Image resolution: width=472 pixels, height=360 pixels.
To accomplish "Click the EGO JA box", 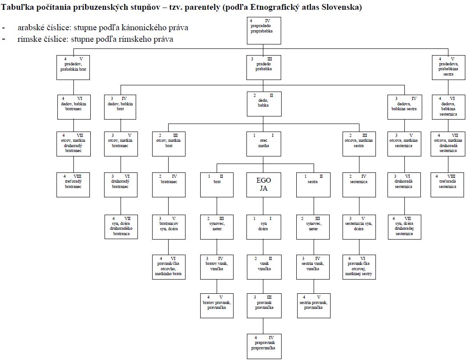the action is pyautogui.click(x=264, y=184).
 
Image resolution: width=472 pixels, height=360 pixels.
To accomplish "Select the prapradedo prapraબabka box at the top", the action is pyautogui.click(x=264, y=31).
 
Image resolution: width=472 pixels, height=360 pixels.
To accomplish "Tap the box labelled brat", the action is pyautogui.click(x=217, y=184).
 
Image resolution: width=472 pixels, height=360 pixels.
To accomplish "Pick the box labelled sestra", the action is pyautogui.click(x=313, y=184).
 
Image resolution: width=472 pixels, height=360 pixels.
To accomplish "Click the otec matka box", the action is pyautogui.click(x=264, y=144).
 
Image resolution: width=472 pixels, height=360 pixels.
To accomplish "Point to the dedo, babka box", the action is pyautogui.click(x=264, y=104).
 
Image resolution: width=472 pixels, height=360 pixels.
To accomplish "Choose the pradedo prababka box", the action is pyautogui.click(x=264, y=68).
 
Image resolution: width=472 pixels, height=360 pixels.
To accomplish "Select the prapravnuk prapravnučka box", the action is pyautogui.click(x=264, y=347).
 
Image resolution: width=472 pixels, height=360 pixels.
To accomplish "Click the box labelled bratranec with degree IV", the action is pyautogui.click(x=169, y=184).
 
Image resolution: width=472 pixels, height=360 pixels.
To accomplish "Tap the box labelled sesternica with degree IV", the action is pyautogui.click(x=359, y=184).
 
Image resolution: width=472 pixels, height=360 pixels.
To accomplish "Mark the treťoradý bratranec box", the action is pyautogui.click(x=73, y=184).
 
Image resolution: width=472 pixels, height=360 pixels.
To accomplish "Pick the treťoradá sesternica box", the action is pyautogui.click(x=448, y=184).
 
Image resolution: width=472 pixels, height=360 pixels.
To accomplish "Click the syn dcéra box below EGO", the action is pyautogui.click(x=264, y=227).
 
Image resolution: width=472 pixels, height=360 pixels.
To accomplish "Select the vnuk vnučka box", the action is pyautogui.click(x=264, y=267).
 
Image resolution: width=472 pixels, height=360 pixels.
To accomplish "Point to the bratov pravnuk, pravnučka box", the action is pyautogui.click(x=217, y=306).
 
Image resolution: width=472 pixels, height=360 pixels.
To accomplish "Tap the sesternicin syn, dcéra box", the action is pyautogui.click(x=359, y=227).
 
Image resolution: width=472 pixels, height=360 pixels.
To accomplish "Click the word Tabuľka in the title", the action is pyautogui.click(x=17, y=7).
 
